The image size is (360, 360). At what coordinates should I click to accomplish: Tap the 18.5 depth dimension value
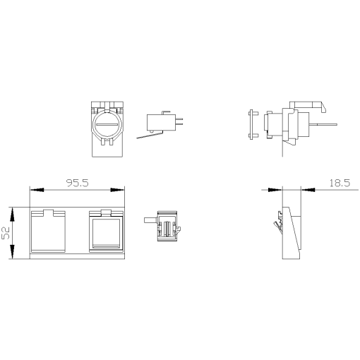click(339, 183)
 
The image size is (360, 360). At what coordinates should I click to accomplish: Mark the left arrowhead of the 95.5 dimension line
click(33, 190)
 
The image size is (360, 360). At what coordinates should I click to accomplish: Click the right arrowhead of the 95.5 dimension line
click(121, 190)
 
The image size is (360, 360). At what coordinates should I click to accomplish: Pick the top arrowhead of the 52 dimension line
click(14, 210)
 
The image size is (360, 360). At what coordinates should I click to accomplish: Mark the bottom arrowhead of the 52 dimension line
click(14, 255)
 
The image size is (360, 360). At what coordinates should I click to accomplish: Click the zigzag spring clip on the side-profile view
click(277, 223)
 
